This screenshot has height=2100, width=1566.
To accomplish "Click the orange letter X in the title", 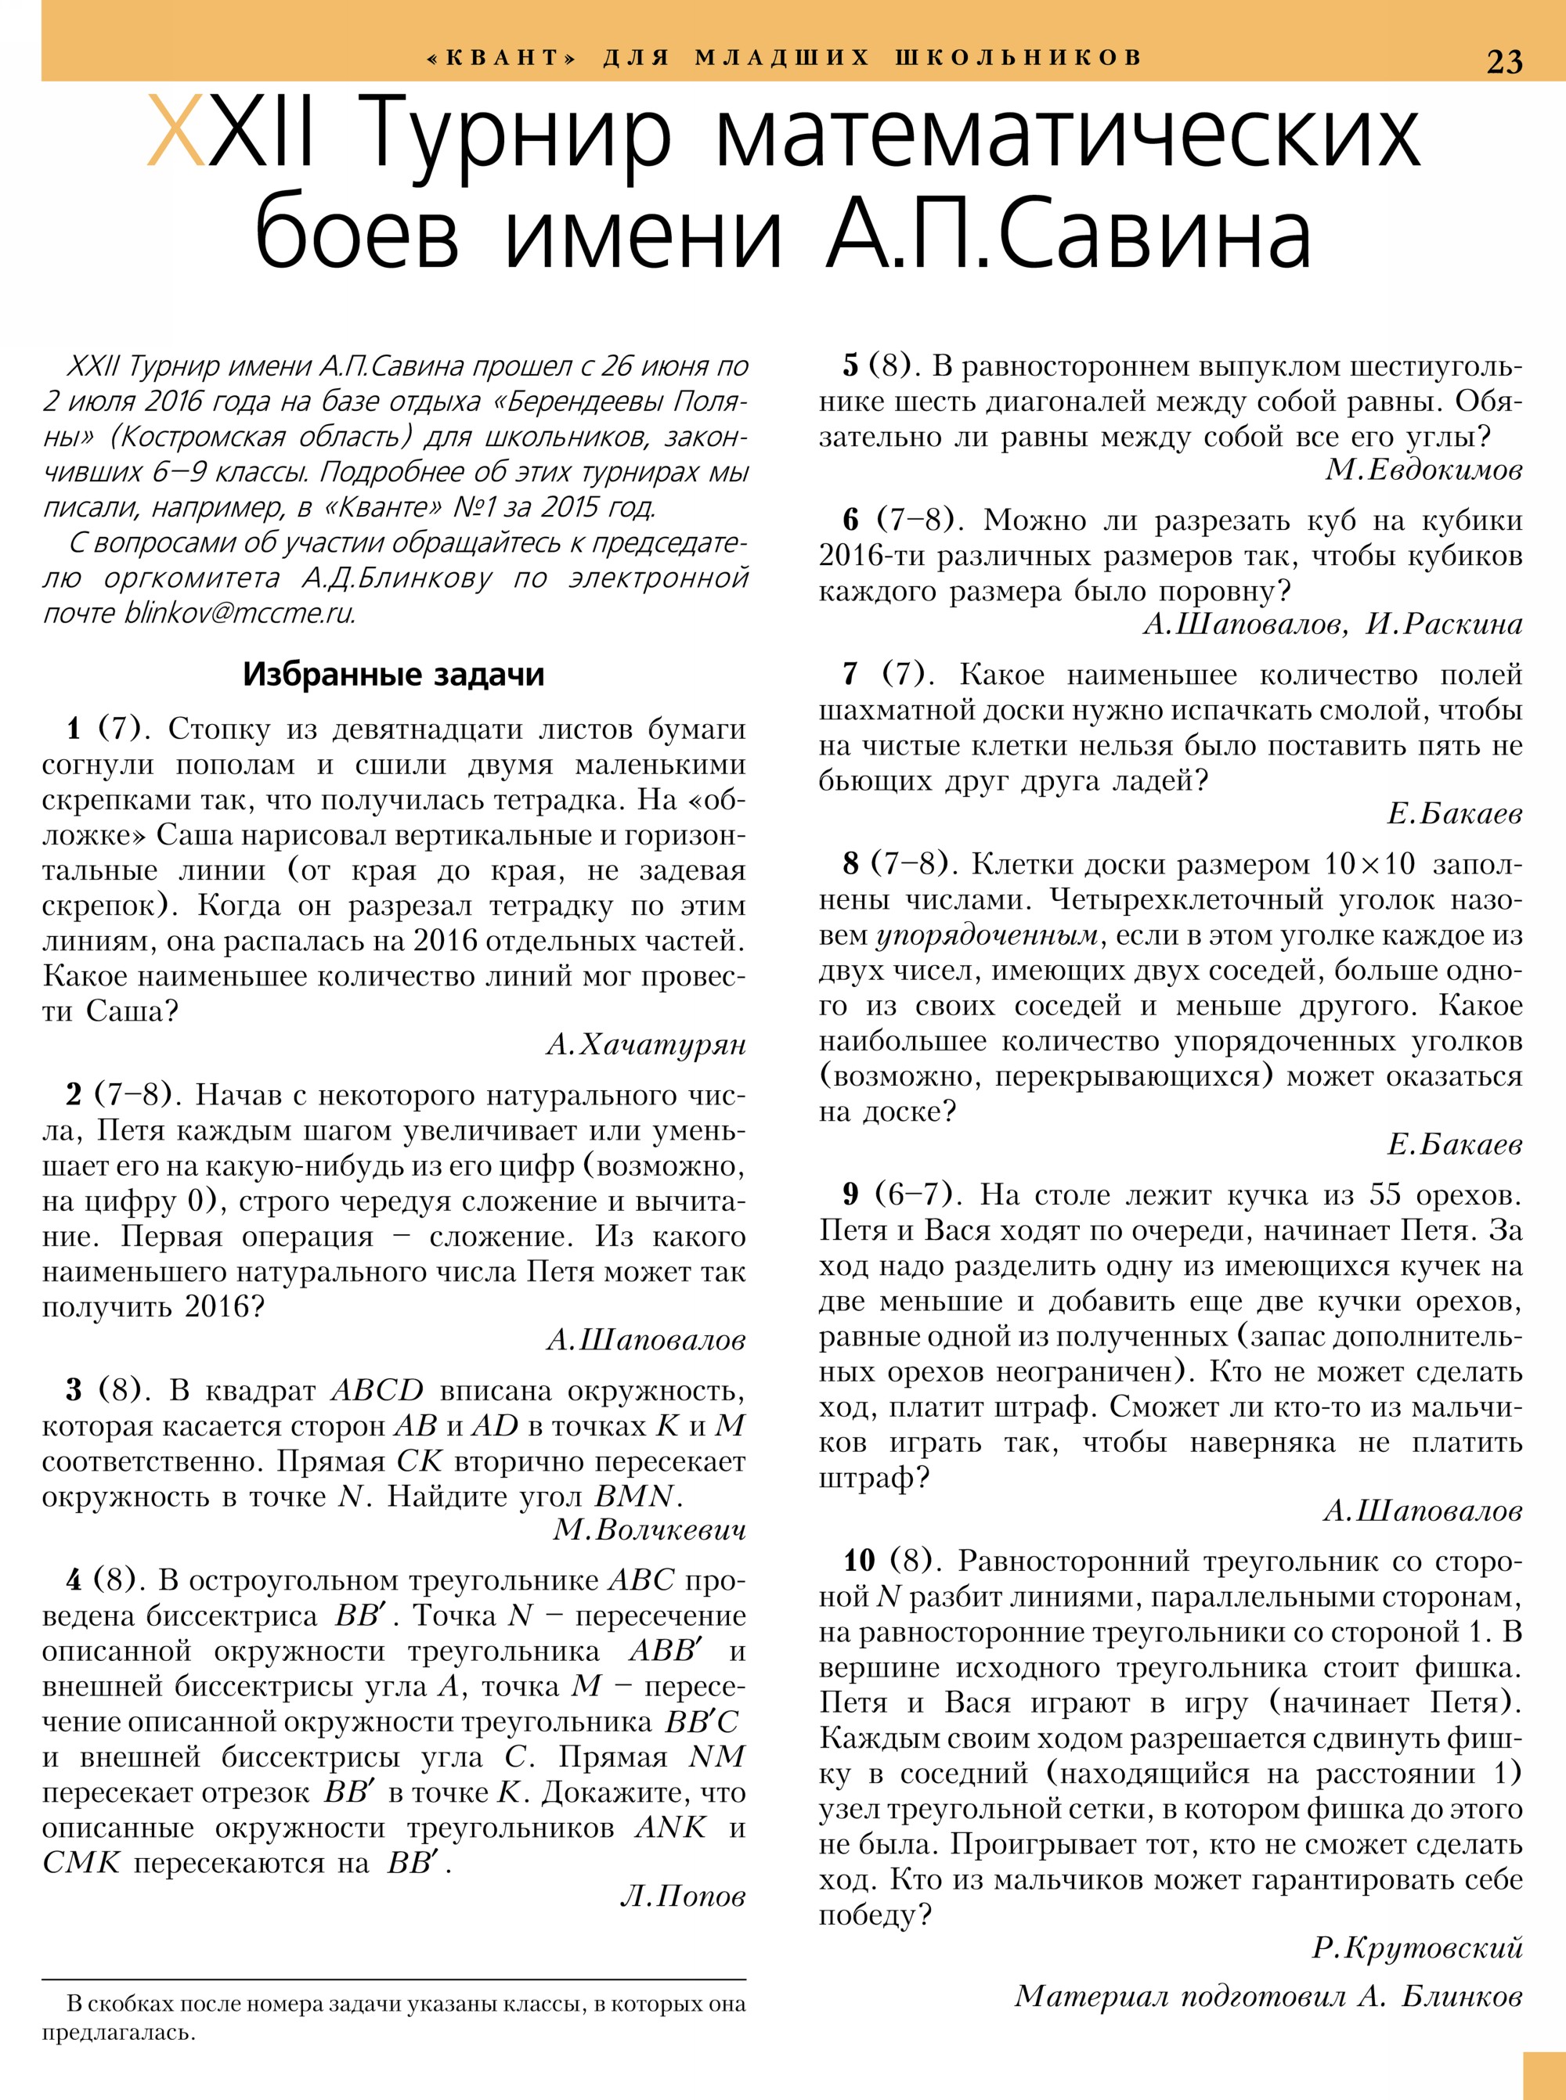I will point(177,134).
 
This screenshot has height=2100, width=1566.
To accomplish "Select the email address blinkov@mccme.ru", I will point(240,613).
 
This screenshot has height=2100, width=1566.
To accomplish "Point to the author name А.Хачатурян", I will point(647,1044).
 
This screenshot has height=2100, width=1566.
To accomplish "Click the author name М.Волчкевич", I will point(649,1529).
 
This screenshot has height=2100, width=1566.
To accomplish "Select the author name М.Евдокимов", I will point(1423,469).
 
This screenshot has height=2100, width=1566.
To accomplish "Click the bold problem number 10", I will point(859,1560).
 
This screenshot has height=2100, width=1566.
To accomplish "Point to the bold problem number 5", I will point(851,366).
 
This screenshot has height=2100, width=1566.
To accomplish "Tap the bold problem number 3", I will point(74,1389).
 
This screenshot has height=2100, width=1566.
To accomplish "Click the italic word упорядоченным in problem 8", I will point(986,935).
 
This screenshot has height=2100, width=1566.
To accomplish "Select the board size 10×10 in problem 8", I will point(1369,864).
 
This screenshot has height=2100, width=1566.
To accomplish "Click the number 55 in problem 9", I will point(1384,1194).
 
